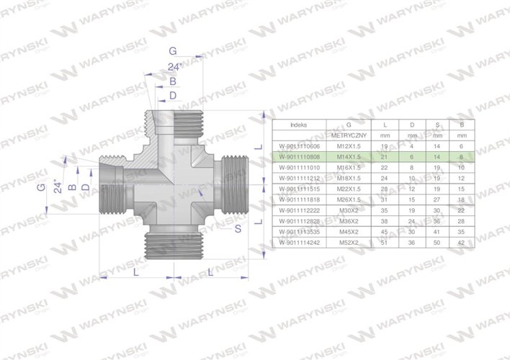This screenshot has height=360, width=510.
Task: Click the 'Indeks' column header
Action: [x=297, y=124]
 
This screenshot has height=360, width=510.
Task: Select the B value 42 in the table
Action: [x=460, y=244]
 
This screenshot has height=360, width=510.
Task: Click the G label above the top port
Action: [x=172, y=51]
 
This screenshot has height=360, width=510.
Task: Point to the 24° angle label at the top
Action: [x=173, y=67]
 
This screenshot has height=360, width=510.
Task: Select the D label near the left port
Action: [x=86, y=187]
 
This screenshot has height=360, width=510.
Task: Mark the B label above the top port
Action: [x=172, y=81]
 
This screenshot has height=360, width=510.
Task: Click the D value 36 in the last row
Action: [x=411, y=244]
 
